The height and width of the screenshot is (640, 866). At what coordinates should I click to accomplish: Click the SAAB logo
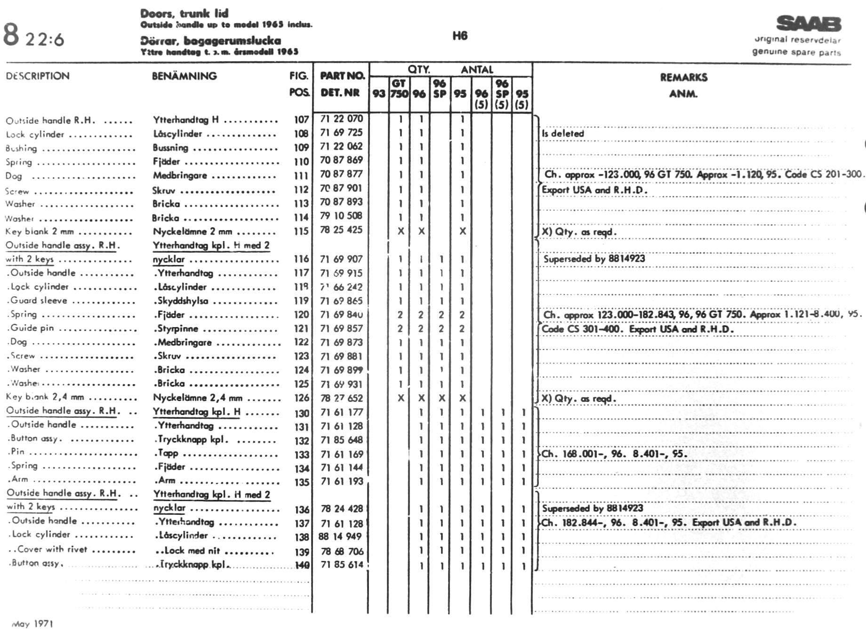[x=809, y=24]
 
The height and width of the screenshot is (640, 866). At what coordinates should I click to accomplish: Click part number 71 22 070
[x=341, y=119]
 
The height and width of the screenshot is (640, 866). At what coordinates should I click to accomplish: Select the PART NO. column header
[x=342, y=76]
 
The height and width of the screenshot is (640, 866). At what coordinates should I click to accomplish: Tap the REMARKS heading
[x=683, y=77]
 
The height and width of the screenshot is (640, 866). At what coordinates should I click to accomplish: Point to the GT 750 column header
[x=399, y=88]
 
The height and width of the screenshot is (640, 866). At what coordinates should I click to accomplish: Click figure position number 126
[x=301, y=398]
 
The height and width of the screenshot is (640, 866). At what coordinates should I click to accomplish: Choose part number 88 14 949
[x=340, y=536]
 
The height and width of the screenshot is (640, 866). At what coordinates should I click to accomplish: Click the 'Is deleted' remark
[x=562, y=134]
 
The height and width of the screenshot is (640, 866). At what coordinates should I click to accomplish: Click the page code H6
[x=460, y=36]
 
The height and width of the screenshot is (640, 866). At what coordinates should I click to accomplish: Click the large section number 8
[x=11, y=35]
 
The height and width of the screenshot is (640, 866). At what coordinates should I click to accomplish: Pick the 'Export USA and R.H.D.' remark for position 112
[x=594, y=190]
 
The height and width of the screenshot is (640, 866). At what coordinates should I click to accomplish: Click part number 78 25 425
[x=341, y=230]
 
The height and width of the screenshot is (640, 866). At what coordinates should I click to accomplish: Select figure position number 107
[x=301, y=120]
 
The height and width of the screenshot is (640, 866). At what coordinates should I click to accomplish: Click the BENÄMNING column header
[x=184, y=76]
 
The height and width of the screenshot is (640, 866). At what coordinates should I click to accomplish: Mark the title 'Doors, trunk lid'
[x=184, y=14]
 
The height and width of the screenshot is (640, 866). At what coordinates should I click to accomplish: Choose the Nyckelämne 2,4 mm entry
[x=198, y=398]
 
